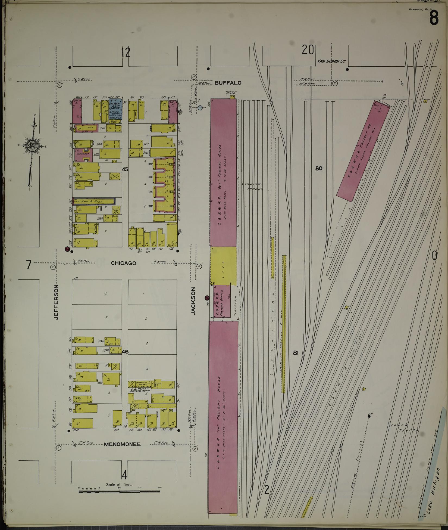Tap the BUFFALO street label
pyautogui.click(x=228, y=83)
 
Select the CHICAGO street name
pyautogui.click(x=123, y=263)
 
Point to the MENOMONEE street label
pyautogui.click(x=122, y=444)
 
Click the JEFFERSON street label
pyautogui.click(x=57, y=302)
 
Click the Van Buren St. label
pyautogui.click(x=331, y=62)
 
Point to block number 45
pyautogui.click(x=125, y=169)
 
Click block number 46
pyautogui.click(x=125, y=352)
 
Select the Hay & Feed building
pyautogui.click(x=94, y=202)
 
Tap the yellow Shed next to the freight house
pyautogui.click(x=223, y=265)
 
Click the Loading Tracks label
pyautogui.click(x=252, y=186)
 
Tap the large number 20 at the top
pyautogui.click(x=308, y=50)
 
